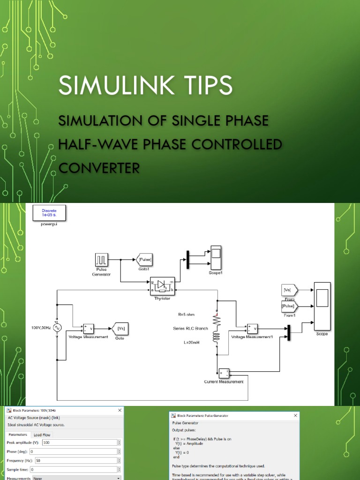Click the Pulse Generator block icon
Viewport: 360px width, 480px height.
102,259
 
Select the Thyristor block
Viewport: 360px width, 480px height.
162,285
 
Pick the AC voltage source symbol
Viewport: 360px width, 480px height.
57,327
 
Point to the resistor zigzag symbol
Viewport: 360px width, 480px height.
217,320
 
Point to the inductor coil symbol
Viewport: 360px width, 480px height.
217,337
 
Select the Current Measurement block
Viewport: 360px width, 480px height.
224,373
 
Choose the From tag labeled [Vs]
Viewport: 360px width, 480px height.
287,290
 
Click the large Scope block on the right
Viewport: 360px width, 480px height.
322,306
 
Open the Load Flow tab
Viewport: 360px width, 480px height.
43,435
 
